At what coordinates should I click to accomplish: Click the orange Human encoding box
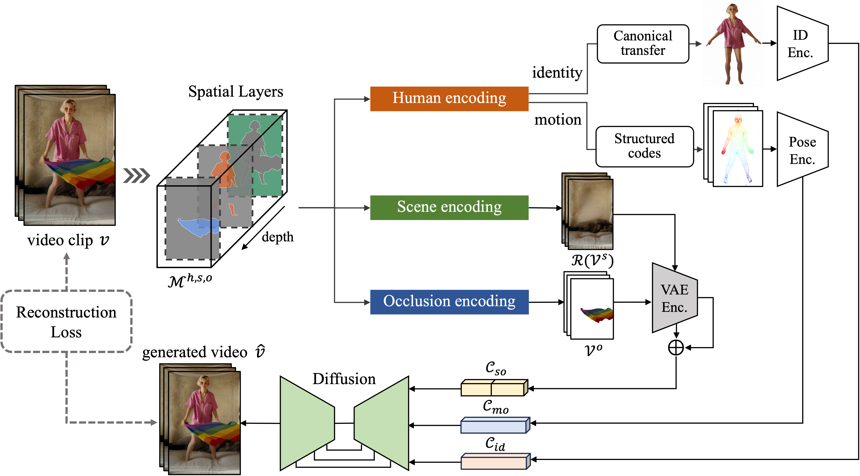[449, 98]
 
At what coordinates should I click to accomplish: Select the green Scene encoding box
[449, 207]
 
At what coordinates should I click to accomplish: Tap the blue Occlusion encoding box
[449, 302]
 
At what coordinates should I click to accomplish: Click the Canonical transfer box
[643, 44]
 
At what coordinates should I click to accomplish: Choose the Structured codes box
[644, 146]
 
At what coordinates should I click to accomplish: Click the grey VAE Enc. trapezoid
[674, 298]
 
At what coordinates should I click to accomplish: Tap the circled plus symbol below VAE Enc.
[676, 348]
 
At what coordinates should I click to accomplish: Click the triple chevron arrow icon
[137, 176]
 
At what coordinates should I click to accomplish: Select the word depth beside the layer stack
[277, 237]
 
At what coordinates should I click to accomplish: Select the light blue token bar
[494, 426]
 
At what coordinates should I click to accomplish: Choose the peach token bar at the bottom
[494, 462]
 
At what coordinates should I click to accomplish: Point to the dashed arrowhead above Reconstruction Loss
[66, 256]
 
